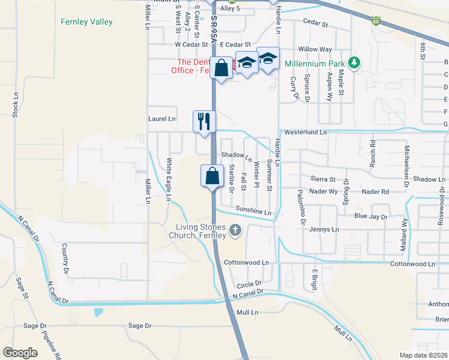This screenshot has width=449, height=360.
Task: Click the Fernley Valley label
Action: [86, 22]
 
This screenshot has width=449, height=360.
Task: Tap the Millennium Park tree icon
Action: [355, 63]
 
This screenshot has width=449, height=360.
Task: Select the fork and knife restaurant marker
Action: [203, 121]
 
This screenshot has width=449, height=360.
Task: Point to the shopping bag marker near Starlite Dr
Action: [212, 176]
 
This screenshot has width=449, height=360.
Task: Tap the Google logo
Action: [20, 352]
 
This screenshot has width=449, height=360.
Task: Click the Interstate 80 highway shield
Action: [376, 21]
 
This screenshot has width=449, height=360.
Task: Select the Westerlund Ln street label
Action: [306, 131]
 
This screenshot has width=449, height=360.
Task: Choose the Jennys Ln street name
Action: [324, 229]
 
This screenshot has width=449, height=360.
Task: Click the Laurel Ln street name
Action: [162, 119]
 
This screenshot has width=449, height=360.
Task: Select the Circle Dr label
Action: [250, 283]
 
